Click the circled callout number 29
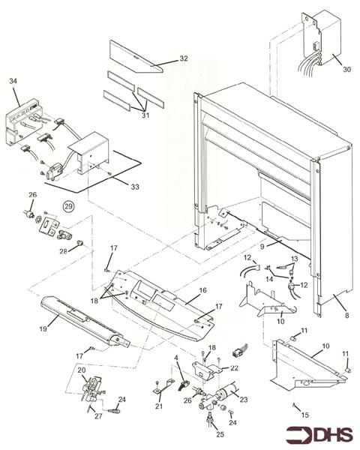click(69, 206)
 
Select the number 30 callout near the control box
click(325, 70)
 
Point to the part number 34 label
click(13, 79)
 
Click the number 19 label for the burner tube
click(43, 327)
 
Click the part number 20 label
click(82, 370)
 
